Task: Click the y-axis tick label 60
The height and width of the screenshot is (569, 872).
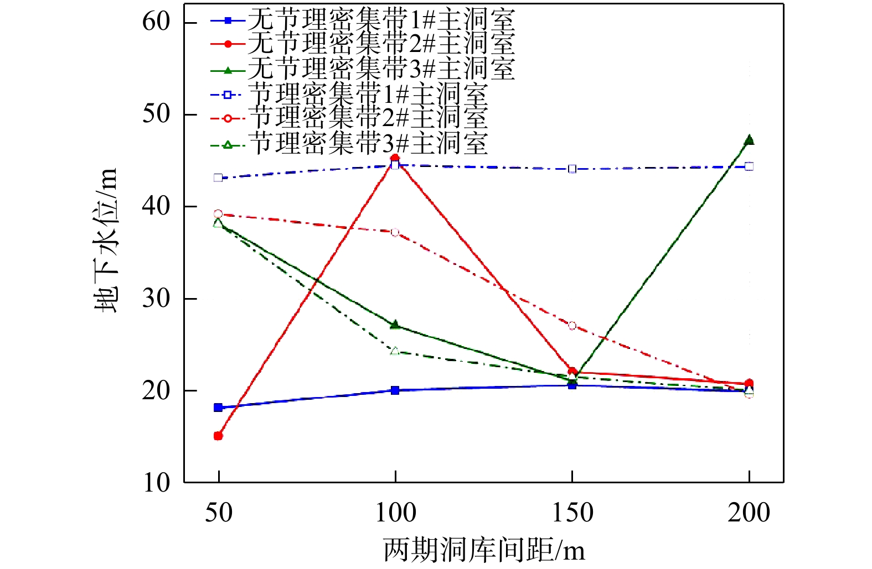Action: pos(156,22)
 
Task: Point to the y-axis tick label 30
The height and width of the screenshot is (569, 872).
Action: pos(156,299)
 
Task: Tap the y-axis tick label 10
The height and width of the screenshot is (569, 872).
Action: pos(156,483)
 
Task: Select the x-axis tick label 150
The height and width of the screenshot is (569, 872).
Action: pos(572,513)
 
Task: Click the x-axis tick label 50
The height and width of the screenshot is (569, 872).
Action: pos(219,513)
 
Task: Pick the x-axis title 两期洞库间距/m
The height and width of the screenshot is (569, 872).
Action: pos(484,551)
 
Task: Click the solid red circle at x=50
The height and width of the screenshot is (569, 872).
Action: pos(218,436)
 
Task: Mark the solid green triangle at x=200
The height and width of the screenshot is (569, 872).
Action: pos(749,140)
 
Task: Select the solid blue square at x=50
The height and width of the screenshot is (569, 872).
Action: pos(218,408)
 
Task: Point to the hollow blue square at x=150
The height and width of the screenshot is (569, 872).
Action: pos(572,169)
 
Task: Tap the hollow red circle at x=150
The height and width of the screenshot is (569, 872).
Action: pos(572,326)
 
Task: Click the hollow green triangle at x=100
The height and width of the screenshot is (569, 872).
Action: pos(395,351)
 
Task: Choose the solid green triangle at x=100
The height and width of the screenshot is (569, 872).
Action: pos(395,325)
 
